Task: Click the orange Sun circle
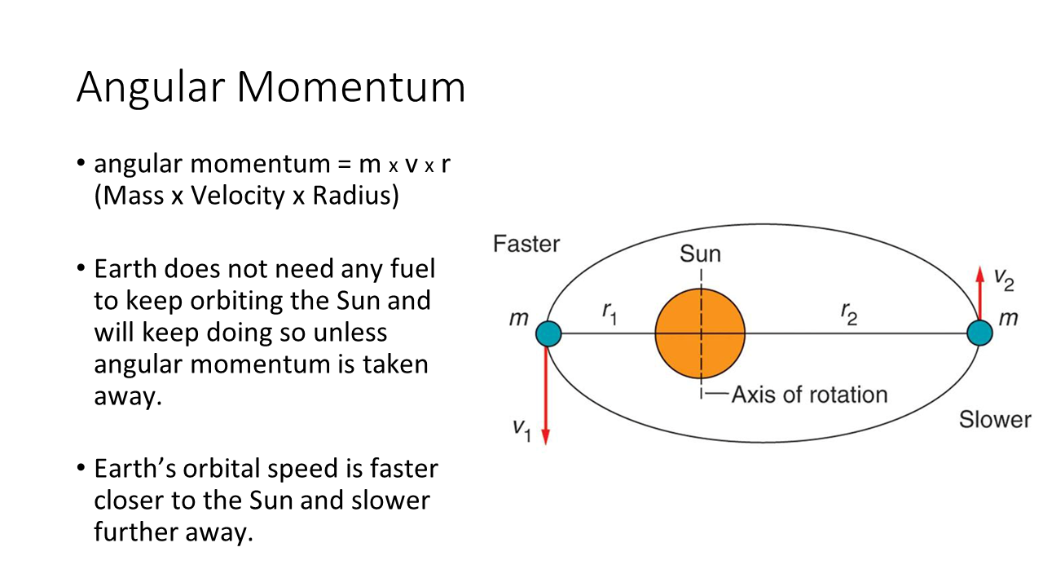(x=700, y=333)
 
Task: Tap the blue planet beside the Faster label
(x=548, y=333)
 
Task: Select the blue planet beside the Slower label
(x=979, y=333)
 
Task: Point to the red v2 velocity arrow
(x=980, y=293)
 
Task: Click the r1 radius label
(x=610, y=313)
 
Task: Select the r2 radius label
(x=849, y=313)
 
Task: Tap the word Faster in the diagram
(x=526, y=244)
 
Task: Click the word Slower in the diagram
(x=995, y=419)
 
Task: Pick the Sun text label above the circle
(x=700, y=254)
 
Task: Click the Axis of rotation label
(x=810, y=395)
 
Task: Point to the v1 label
(x=522, y=430)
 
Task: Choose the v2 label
(x=1004, y=280)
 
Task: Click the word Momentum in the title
(x=351, y=87)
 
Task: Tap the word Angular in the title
(x=151, y=89)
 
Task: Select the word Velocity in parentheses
(x=238, y=195)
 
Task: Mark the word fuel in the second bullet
(x=413, y=268)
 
